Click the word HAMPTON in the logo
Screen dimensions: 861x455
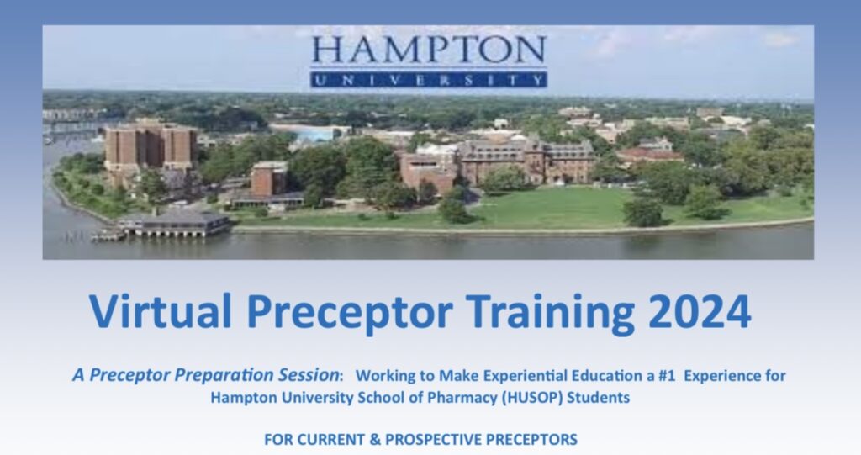click(x=429, y=50)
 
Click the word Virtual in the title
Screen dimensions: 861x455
click(x=161, y=311)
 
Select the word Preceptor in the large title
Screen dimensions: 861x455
click(x=350, y=313)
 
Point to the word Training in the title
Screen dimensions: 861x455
click(x=551, y=313)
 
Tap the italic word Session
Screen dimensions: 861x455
click(x=309, y=375)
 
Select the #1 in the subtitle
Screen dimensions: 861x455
click(x=666, y=376)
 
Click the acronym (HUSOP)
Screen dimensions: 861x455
click(x=531, y=397)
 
